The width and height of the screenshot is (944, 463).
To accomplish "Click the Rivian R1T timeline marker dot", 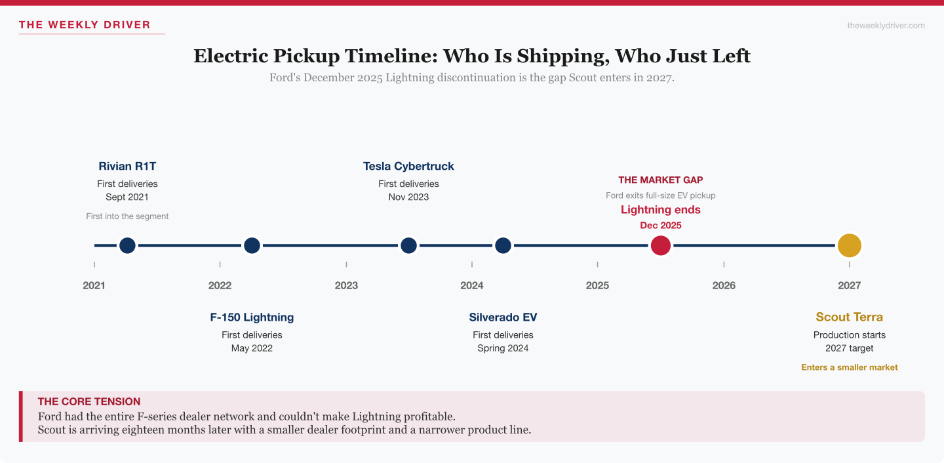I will coord(127,245).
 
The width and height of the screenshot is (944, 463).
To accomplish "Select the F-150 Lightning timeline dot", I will coord(252,245).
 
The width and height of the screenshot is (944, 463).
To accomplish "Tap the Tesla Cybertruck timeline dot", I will coord(408,245).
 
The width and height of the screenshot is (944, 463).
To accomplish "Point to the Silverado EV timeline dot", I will coord(503,245).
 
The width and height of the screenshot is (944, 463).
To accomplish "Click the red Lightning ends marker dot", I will coord(660,245).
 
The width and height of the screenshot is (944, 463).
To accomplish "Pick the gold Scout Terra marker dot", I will coord(849,245).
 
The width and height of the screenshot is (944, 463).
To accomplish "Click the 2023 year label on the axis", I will coord(346,285).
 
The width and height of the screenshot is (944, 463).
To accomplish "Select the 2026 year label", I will coord(724,285).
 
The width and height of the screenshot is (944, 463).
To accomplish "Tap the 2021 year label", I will coord(94,285).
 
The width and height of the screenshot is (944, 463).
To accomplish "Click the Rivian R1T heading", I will coord(127,166).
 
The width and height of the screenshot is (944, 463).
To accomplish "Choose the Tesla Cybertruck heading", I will coord(408,166).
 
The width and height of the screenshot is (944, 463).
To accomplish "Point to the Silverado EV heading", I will coord(503,317).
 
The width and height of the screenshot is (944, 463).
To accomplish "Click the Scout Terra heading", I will coord(849,317).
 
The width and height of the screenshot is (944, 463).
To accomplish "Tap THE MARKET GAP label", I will coord(660,180).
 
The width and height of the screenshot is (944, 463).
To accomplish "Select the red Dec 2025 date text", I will coord(660,225).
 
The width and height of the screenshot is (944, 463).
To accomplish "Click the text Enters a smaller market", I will coord(849,367).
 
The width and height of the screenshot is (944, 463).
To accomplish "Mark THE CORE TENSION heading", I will coord(89,401).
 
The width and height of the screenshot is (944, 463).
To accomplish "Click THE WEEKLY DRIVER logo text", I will coord(85,25).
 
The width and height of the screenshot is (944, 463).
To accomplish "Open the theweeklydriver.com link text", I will coord(886,26).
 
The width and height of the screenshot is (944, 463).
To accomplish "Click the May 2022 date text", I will coord(252,348).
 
